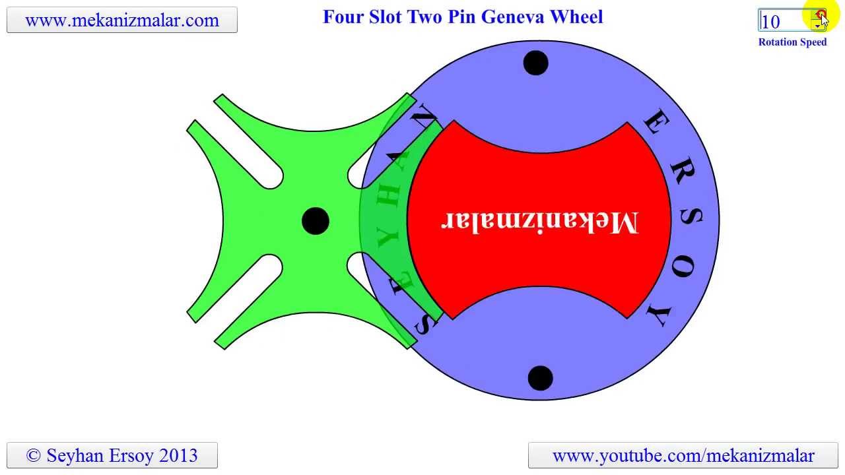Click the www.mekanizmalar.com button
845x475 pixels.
tap(121, 20)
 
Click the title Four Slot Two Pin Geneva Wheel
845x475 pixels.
tap(462, 16)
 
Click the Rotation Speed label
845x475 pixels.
tap(792, 42)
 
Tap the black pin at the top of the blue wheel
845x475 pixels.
tap(535, 63)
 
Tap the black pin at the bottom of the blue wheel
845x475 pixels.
tap(540, 378)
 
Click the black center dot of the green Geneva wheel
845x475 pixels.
tap(315, 221)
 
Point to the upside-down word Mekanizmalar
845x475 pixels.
tap(539, 222)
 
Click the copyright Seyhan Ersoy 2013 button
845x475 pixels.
tap(112, 455)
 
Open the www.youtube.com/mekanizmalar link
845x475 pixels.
tap(683, 455)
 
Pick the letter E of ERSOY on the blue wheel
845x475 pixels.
tap(656, 122)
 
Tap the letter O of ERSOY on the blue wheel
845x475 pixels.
tap(687, 269)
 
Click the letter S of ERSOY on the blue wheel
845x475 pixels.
tap(690, 219)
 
